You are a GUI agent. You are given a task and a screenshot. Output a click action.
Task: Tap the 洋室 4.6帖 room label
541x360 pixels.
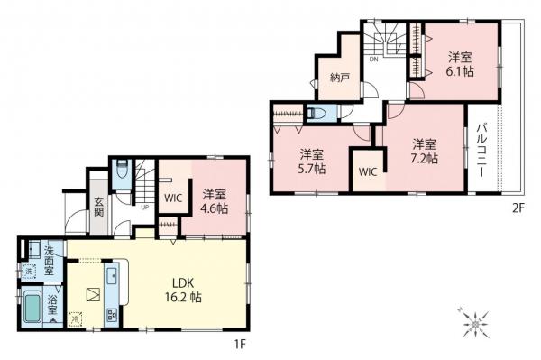(x=214, y=199)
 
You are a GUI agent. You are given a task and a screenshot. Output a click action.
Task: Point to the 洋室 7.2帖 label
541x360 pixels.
(x=425, y=151)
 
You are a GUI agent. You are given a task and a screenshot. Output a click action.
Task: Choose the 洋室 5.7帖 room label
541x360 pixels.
(x=312, y=160)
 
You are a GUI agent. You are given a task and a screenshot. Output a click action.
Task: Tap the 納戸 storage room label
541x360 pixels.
(x=339, y=78)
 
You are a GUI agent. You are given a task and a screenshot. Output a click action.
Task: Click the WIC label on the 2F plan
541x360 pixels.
(x=367, y=171)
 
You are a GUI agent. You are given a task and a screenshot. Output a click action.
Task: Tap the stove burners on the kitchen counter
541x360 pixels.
(x=114, y=314)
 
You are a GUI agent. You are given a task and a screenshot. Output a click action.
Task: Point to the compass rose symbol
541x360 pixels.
(x=473, y=322)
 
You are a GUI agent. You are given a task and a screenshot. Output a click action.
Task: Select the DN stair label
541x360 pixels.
(x=373, y=60)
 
